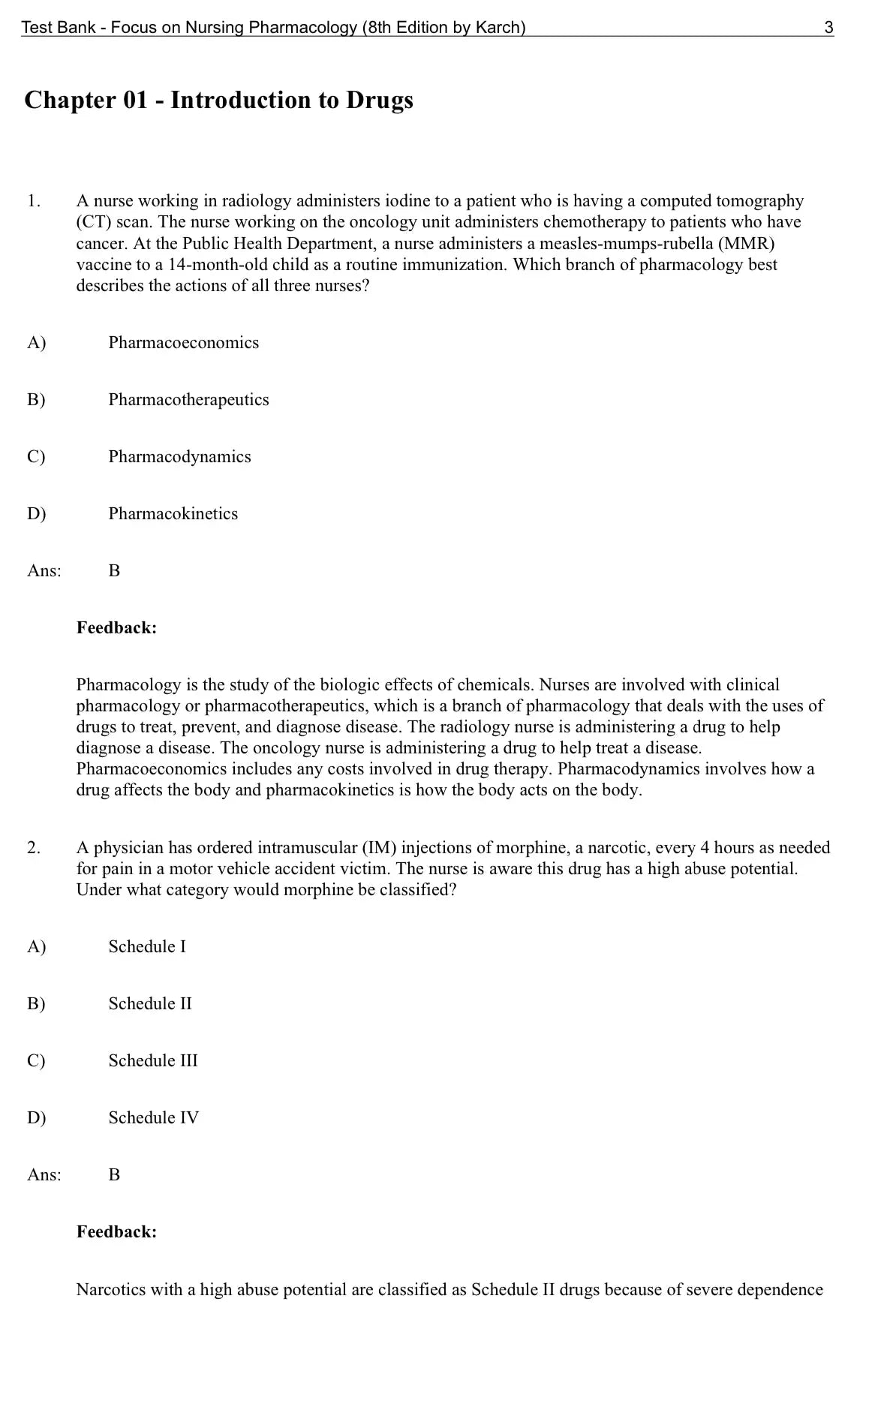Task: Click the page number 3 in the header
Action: [828, 28]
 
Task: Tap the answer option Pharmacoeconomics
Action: [183, 343]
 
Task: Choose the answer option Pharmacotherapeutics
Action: [188, 400]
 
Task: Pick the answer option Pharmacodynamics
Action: [179, 457]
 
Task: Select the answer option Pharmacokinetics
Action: [173, 514]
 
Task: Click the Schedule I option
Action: [147, 947]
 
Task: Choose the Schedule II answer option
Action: [150, 1004]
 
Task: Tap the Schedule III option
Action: [153, 1061]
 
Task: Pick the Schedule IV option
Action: [154, 1118]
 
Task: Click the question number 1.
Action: [34, 201]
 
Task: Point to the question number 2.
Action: [34, 848]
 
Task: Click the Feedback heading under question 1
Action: [116, 628]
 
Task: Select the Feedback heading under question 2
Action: [116, 1232]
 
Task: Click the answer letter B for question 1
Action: [114, 571]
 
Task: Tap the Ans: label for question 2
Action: [44, 1175]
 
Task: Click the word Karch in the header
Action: [498, 28]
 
